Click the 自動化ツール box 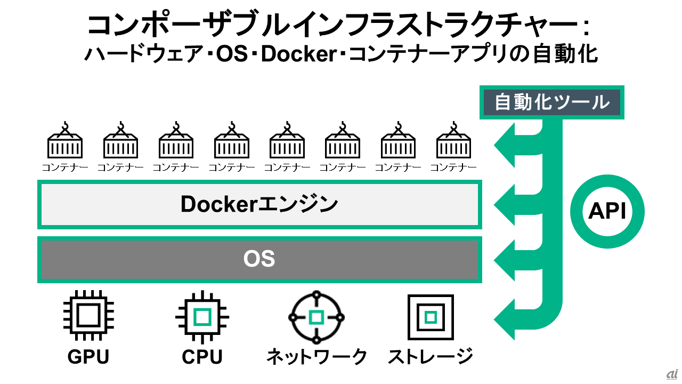click(552, 102)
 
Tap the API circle click(607, 212)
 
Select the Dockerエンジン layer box click(259, 204)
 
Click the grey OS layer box click(259, 259)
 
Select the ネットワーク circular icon click(316, 317)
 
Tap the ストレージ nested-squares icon click(431, 317)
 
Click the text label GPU click(88, 357)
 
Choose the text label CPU click(202, 357)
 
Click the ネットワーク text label click(316, 357)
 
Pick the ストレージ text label click(431, 357)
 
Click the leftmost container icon click(65, 141)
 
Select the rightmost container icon click(453, 141)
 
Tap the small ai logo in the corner click(671, 374)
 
